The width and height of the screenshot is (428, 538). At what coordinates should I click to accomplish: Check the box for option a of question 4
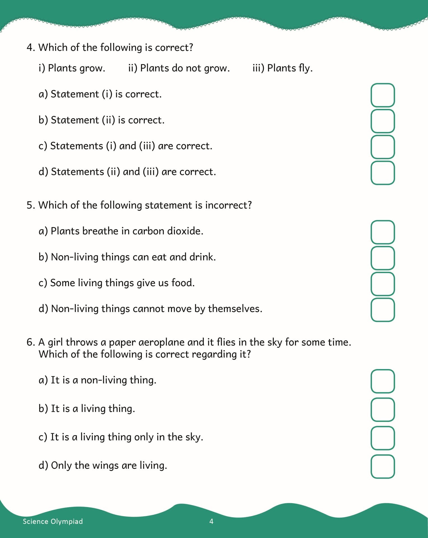(x=383, y=95)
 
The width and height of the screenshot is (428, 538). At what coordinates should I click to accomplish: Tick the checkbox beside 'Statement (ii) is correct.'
(x=383, y=121)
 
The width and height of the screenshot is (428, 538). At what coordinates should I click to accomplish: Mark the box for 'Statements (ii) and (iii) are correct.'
(x=383, y=173)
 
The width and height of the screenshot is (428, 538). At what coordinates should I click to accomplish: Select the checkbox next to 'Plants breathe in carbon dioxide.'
(x=383, y=232)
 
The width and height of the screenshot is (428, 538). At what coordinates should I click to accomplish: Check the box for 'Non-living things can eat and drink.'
(x=383, y=258)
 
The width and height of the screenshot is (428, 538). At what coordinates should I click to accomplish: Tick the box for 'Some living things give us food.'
(x=383, y=284)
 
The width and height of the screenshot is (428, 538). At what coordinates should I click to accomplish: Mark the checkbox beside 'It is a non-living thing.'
(x=383, y=381)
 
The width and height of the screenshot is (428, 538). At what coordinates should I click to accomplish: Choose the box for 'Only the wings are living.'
(x=383, y=466)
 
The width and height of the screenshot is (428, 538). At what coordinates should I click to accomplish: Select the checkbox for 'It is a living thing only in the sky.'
(x=383, y=438)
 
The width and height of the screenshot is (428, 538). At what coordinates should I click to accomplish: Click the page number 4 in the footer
(x=211, y=521)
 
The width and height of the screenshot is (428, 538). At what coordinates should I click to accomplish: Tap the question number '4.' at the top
(x=31, y=48)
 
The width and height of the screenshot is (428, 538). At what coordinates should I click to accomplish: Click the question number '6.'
(x=31, y=342)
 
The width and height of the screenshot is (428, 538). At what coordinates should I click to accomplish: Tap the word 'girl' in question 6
(x=55, y=342)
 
